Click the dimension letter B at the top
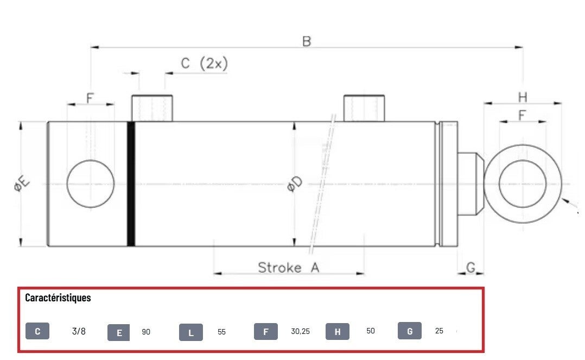point(306,41)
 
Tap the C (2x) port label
point(204,63)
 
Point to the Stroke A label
point(288,267)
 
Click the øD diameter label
point(295,184)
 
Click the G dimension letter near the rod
point(471,267)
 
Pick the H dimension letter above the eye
point(523,98)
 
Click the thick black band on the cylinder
point(131,184)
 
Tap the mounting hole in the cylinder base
point(91,184)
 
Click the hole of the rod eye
point(523,184)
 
